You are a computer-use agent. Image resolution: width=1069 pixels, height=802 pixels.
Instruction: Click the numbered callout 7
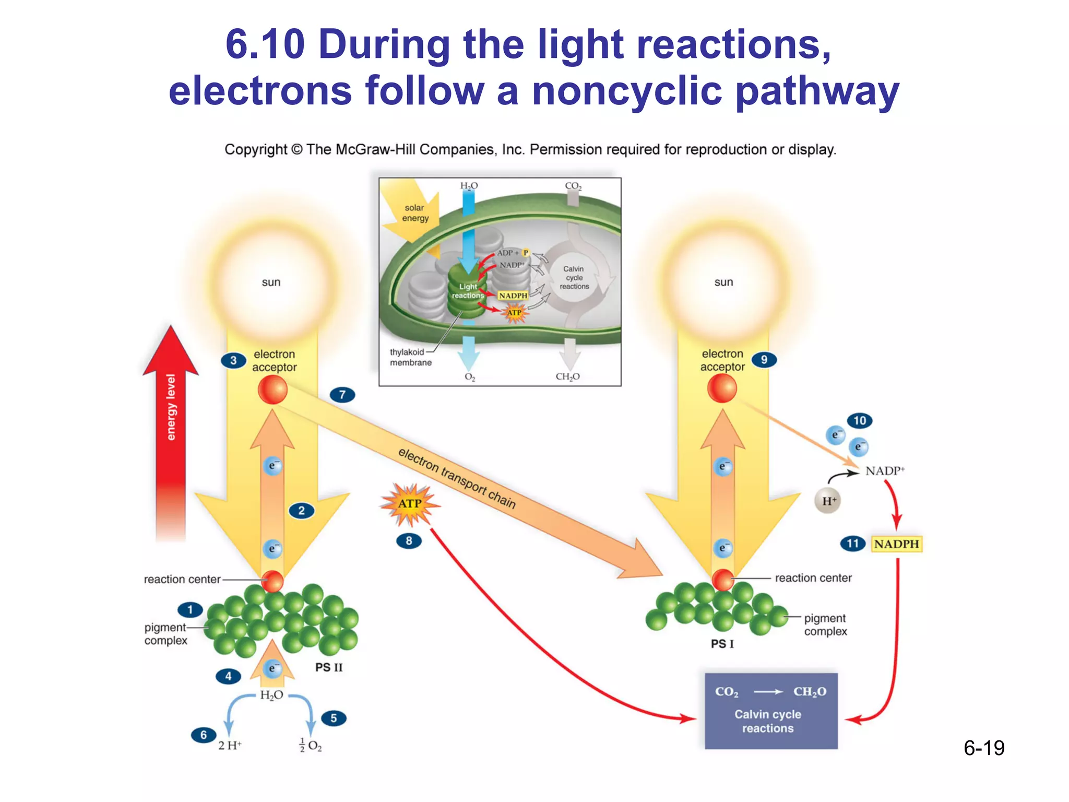tap(342, 395)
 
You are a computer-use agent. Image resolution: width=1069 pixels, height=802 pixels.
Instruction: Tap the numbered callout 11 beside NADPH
tap(852, 544)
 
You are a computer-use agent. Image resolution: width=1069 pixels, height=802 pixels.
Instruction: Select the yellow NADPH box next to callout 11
tap(896, 544)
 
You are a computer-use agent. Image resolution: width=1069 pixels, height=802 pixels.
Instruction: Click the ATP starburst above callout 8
tap(410, 504)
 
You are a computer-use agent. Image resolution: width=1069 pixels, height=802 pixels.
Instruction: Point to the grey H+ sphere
tap(828, 501)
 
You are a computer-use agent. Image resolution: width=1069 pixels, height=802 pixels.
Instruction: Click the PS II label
tap(329, 667)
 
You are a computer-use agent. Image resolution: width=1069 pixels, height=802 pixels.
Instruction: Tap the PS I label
tap(722, 644)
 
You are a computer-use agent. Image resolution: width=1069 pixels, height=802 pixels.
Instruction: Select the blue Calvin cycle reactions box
tap(771, 711)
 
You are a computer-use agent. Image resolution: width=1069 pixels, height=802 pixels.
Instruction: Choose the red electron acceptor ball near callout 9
tap(722, 388)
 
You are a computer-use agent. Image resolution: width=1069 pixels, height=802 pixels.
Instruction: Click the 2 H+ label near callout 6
tap(230, 746)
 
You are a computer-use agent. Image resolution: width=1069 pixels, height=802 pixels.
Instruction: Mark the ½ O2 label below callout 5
tap(311, 746)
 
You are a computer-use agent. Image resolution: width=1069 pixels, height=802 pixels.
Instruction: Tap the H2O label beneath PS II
tap(271, 695)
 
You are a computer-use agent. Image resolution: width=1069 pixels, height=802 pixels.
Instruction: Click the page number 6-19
tap(984, 748)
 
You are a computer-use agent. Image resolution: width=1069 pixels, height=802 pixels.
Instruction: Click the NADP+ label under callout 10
tap(885, 471)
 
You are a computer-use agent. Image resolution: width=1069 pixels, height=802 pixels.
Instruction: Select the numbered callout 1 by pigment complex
tap(190, 609)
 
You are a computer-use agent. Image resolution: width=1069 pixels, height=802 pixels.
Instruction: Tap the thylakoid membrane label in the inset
tap(410, 357)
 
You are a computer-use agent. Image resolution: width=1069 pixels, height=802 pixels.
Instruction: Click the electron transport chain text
tap(457, 478)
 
